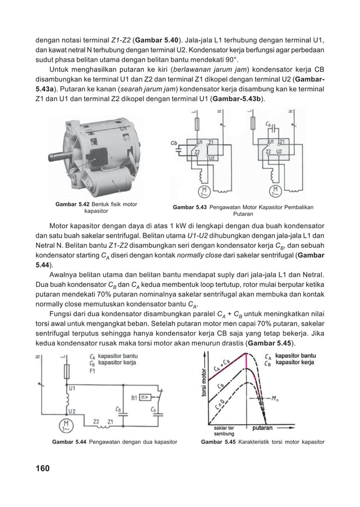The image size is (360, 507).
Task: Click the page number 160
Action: (42, 469)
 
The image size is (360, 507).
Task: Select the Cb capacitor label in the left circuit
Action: (174, 143)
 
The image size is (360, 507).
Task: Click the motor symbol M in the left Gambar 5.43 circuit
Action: (201, 190)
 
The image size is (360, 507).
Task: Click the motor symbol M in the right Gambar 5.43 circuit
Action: (275, 190)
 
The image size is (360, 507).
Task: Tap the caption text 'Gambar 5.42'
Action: (72, 204)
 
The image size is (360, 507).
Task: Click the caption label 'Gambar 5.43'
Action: (190, 207)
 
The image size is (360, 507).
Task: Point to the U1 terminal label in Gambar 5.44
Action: (72, 388)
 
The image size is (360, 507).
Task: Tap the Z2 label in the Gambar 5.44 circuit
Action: (96, 421)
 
